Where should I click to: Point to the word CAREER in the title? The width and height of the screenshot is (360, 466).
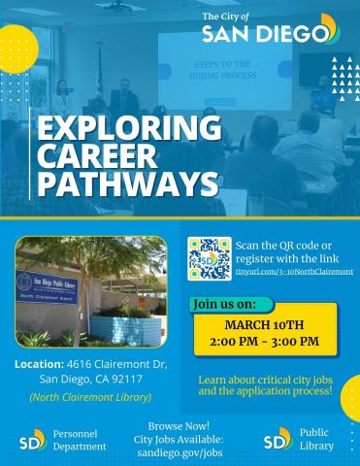click(x=98, y=156)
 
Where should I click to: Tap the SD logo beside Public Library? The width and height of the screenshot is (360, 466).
click(x=278, y=440)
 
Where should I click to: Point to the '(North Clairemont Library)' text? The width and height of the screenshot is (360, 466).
click(x=82, y=397)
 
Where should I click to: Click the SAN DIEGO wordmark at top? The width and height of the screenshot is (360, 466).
click(x=262, y=35)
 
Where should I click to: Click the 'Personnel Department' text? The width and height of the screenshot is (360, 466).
click(x=80, y=440)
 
